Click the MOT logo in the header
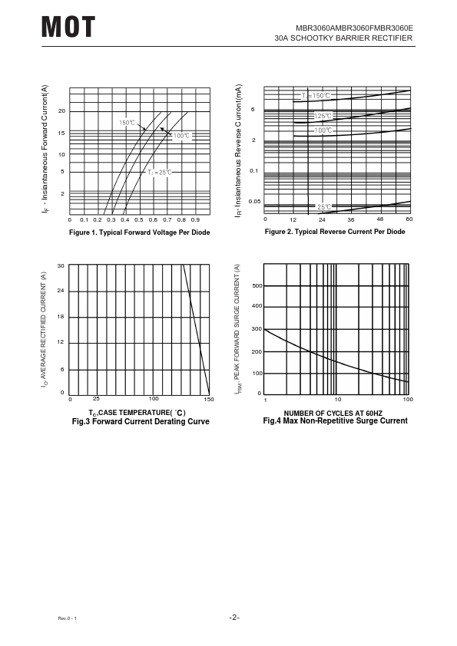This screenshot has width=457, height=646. (x=68, y=27)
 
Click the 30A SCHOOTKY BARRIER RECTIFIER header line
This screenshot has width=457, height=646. (x=343, y=38)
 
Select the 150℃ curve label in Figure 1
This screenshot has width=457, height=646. (x=127, y=123)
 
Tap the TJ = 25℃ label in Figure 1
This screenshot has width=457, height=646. (x=159, y=172)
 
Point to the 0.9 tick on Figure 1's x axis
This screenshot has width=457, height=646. (x=196, y=220)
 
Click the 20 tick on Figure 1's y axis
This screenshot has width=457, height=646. (x=62, y=111)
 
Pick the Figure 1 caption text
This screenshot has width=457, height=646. (x=140, y=232)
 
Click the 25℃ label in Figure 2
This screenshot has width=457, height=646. (x=324, y=207)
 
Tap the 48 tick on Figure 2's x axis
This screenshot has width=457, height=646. (x=380, y=219)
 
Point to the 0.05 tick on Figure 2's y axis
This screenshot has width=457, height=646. (x=254, y=202)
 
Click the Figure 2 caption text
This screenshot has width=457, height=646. (x=335, y=232)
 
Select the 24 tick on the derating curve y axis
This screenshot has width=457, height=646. (x=61, y=291)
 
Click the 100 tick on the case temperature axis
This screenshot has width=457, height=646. (x=154, y=398)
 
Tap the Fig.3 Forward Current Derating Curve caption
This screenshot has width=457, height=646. (x=141, y=421)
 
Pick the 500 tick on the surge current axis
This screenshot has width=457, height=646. (x=257, y=286)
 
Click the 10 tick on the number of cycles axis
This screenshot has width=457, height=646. (x=337, y=399)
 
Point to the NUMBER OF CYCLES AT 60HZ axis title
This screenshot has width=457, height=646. (x=333, y=413)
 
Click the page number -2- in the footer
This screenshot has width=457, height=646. (x=234, y=617)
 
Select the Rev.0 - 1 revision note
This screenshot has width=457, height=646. (x=68, y=618)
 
